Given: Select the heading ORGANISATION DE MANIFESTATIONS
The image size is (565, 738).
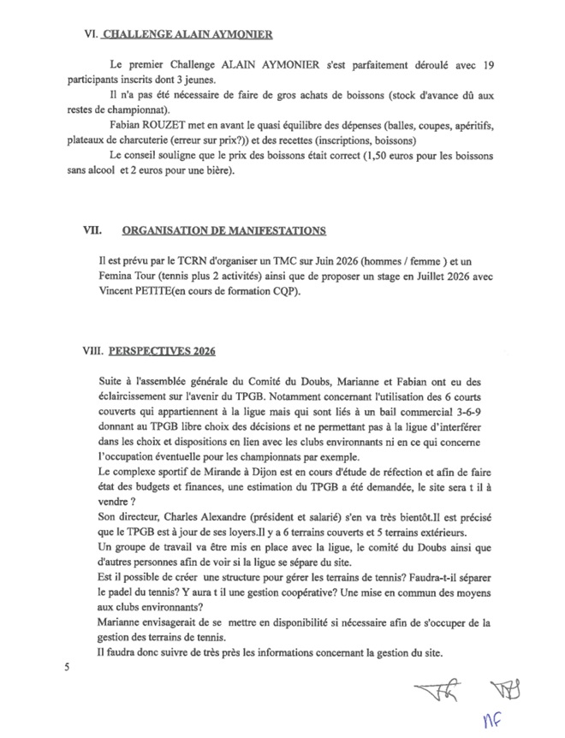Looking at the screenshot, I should [223, 230].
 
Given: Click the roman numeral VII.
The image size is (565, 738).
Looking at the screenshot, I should [92, 230].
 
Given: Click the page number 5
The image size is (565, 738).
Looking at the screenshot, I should [65, 665].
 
